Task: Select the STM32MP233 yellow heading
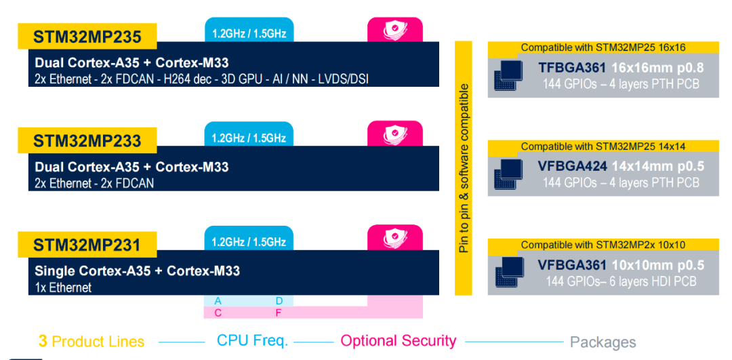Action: pyautogui.click(x=87, y=140)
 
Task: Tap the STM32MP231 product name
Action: pyautogui.click(x=87, y=244)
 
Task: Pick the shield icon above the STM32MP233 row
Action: pyautogui.click(x=395, y=134)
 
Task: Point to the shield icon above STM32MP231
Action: pyautogui.click(x=395, y=237)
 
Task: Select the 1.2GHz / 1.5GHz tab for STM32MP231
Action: pyautogui.click(x=249, y=242)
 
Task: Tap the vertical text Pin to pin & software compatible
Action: pyautogui.click(x=464, y=168)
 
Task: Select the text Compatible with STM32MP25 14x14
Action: pyautogui.click(x=603, y=146)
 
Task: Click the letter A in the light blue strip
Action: pyautogui.click(x=218, y=300)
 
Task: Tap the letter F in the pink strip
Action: pyautogui.click(x=279, y=313)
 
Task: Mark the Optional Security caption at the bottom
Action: pyautogui.click(x=399, y=340)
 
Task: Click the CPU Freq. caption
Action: pyautogui.click(x=252, y=340)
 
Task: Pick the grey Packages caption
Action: pyautogui.click(x=603, y=342)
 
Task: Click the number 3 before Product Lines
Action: pyautogui.click(x=43, y=341)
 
